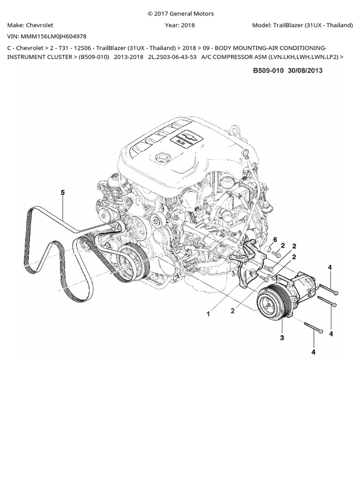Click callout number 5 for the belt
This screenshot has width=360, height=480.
[63, 192]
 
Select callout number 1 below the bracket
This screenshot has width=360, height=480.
[209, 314]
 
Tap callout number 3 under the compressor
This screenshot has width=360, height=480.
[282, 337]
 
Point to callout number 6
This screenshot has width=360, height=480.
[275, 240]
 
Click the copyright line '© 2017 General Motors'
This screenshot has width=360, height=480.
[180, 14]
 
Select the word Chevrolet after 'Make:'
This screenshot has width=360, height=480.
[39, 25]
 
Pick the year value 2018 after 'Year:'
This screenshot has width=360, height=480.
[187, 25]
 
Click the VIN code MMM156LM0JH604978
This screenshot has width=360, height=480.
[53, 36]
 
